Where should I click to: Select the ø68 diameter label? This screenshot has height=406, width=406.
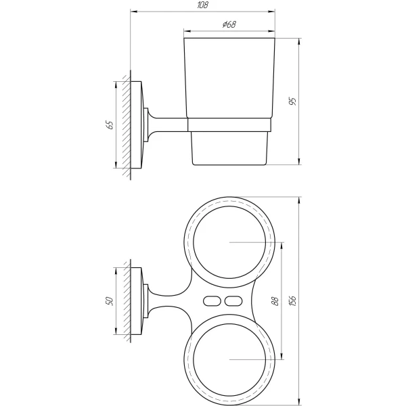pyautogui.click(x=228, y=25)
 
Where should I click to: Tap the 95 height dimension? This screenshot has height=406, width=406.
pyautogui.click(x=292, y=101)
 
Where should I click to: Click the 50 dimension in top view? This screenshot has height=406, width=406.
pyautogui.click(x=109, y=300)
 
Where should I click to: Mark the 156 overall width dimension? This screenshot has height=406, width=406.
pyautogui.click(x=292, y=301)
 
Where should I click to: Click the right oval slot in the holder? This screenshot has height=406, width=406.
pyautogui.click(x=233, y=301)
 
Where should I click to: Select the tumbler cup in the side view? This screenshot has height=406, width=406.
pyautogui.click(x=229, y=81)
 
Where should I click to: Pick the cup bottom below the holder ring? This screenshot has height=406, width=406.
pyautogui.click(x=229, y=148)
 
